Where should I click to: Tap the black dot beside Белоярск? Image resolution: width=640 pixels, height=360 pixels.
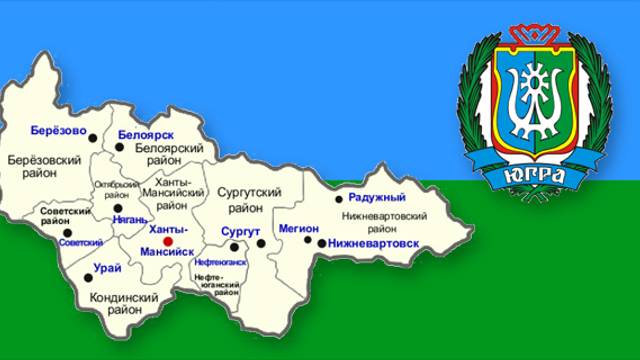pos(120,147)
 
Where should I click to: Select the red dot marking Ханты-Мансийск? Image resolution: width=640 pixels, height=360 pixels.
pos(168,241)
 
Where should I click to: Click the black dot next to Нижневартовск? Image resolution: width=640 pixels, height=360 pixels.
pos(320,242)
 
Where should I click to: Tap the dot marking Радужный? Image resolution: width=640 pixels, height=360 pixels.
pos(339,199)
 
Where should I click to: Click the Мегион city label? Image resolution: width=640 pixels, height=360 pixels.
pos(298,227)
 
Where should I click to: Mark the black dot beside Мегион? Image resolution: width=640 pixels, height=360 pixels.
pos(308,240)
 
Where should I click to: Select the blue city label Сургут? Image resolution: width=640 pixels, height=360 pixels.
pos(239,231)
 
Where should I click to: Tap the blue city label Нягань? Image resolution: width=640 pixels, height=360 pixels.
pos(131,219)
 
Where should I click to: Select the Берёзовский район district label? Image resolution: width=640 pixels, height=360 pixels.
pos(44,166)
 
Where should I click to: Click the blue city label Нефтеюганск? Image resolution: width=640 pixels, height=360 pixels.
pos(219,261)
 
